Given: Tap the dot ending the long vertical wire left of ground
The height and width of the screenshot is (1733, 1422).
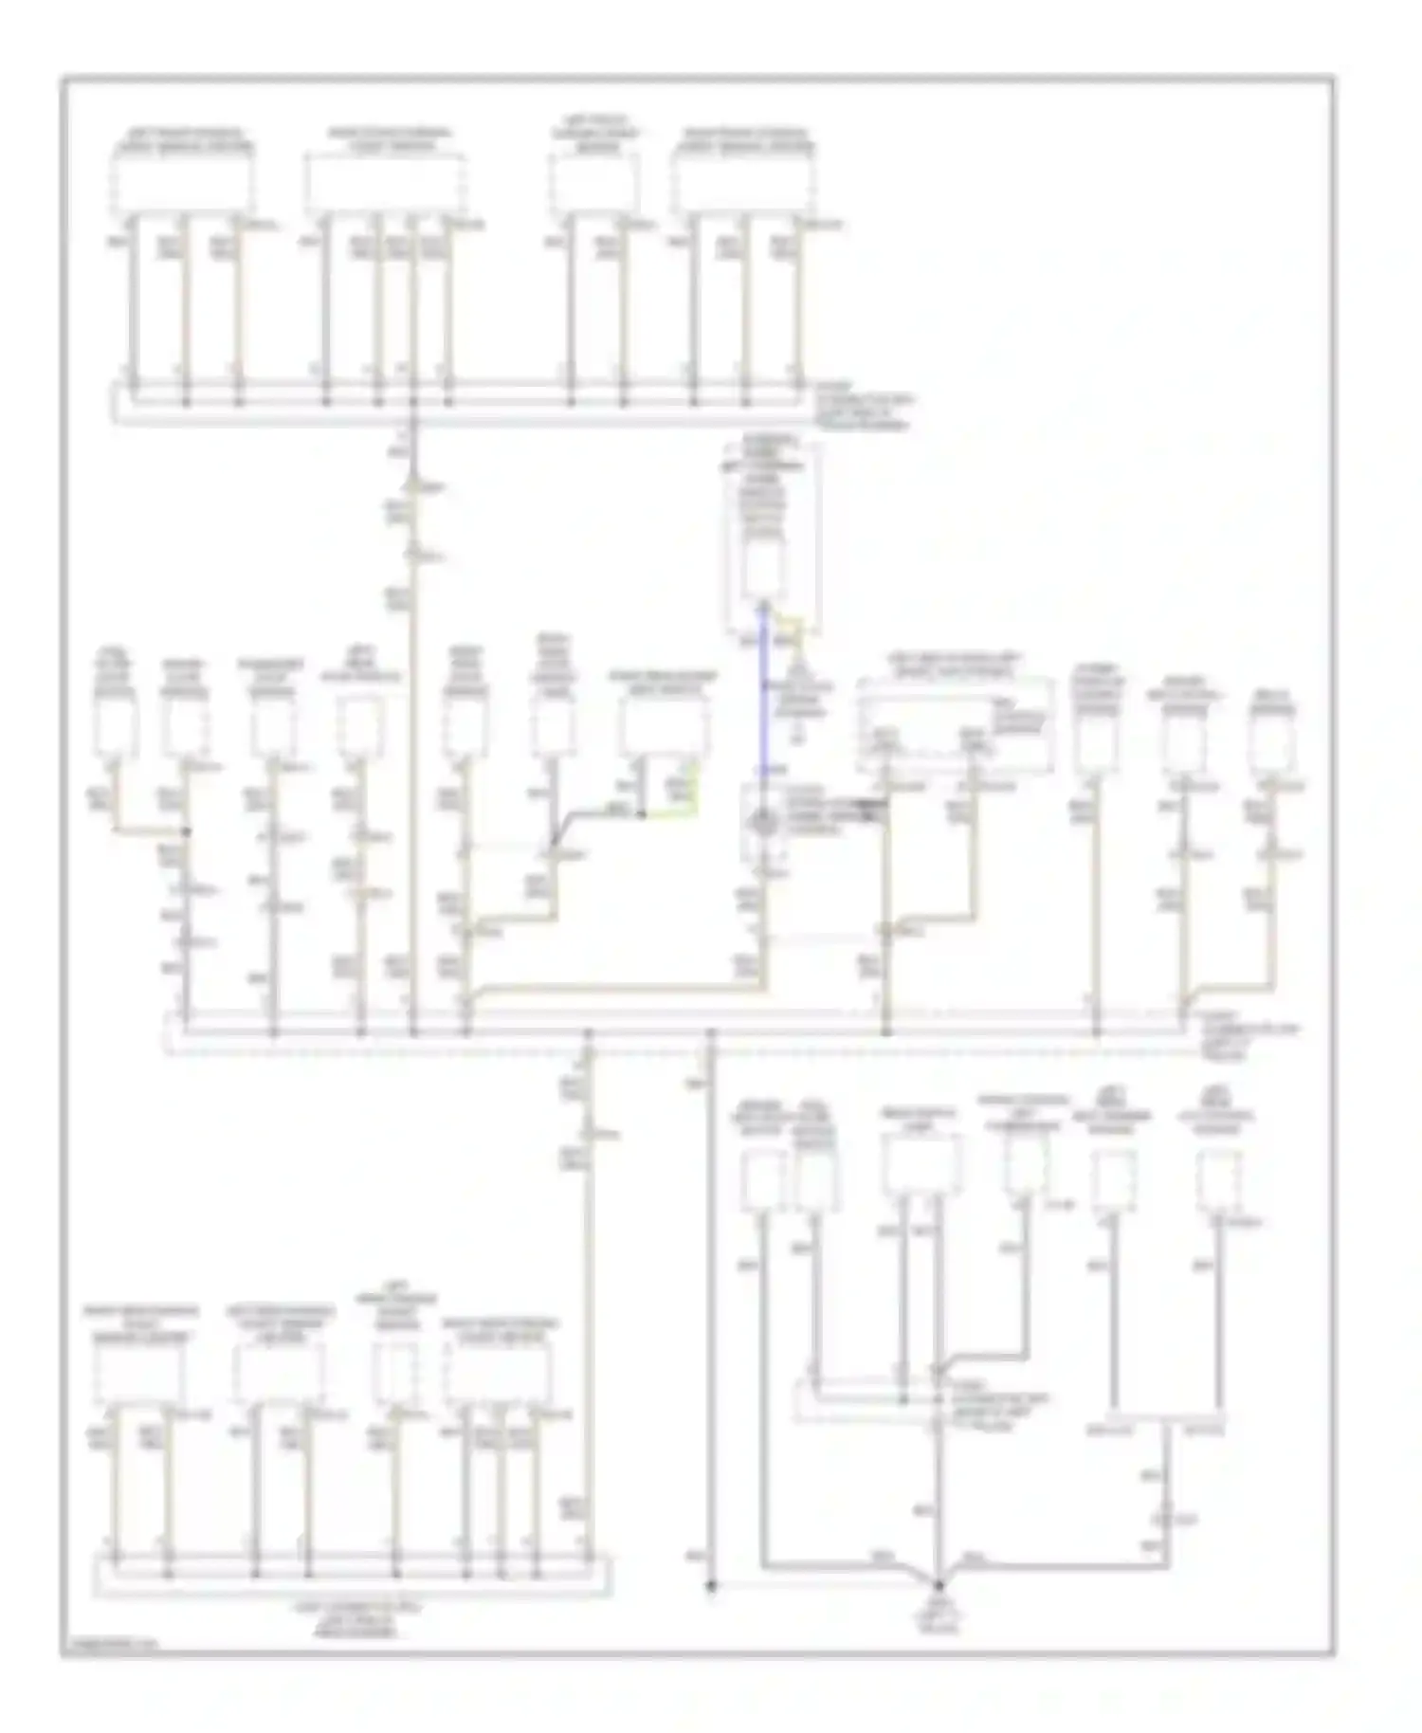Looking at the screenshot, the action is click(711, 1584).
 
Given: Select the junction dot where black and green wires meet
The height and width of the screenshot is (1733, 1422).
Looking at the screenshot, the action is click(643, 813).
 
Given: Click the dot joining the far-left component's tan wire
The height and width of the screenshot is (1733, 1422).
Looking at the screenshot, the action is click(187, 831).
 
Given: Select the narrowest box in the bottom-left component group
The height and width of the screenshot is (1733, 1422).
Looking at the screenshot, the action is click(395, 1371).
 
